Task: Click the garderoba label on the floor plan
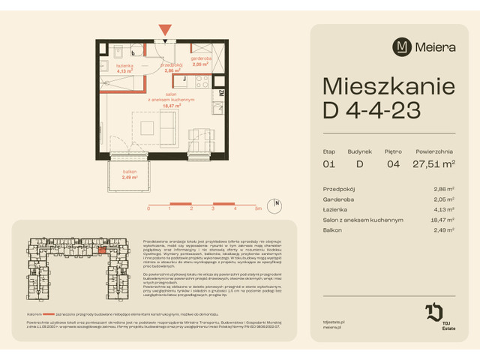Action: click(200, 58)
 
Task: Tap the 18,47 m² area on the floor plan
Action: click(171, 106)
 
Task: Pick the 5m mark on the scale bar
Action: click(258, 210)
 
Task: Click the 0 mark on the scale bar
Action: click(148, 210)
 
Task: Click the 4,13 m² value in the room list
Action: click(445, 210)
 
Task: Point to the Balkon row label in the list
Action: click(332, 230)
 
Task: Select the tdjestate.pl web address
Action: click(334, 320)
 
